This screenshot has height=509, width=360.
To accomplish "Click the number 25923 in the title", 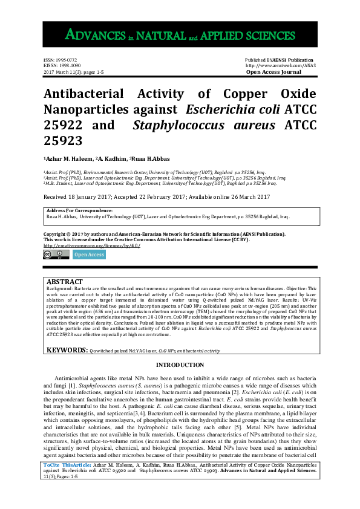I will pyautogui.click(x=62, y=140).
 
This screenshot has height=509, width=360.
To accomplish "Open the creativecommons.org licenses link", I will pyautogui.click(x=91, y=245).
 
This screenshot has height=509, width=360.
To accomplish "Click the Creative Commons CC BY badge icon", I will pyautogui.click(x=56, y=254).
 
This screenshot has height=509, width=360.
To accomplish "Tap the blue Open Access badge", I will pyautogui.click(x=89, y=254).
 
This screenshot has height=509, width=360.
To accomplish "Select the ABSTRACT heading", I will pyautogui.click(x=65, y=282).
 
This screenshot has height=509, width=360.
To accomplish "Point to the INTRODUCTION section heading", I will pyautogui.click(x=180, y=365).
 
